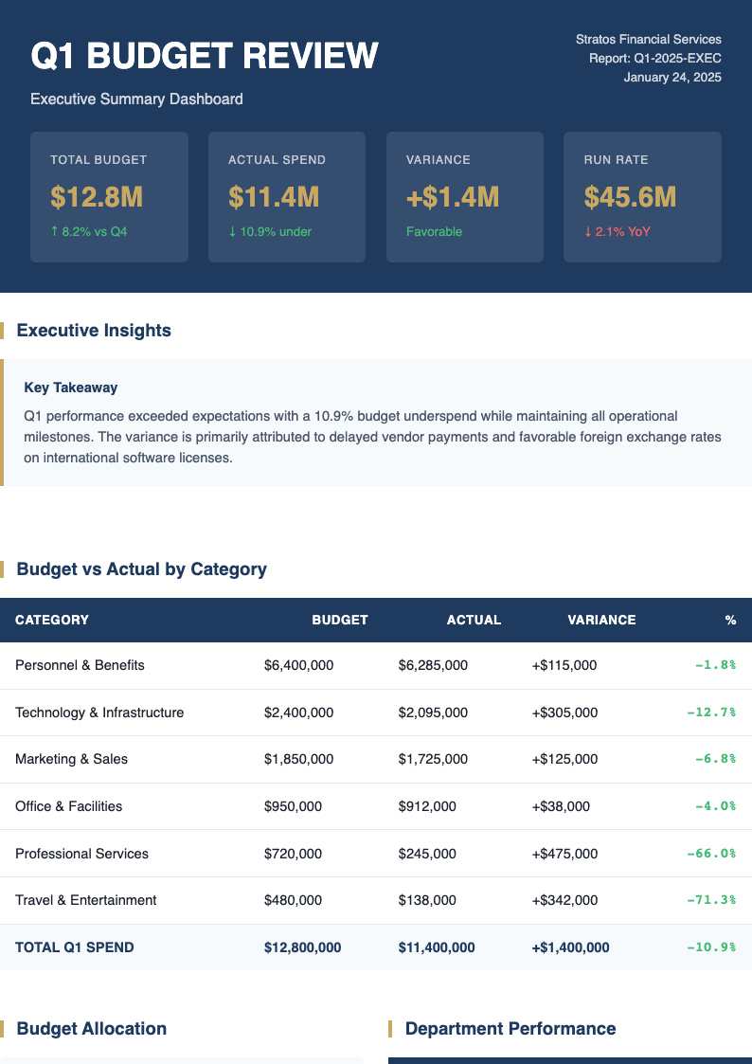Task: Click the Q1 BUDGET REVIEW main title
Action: click(x=205, y=57)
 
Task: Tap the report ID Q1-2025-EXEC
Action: click(x=654, y=58)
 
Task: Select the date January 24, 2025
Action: click(x=672, y=77)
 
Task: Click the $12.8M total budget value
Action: click(x=97, y=197)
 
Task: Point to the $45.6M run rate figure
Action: click(x=630, y=197)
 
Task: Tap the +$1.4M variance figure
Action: click(x=452, y=197)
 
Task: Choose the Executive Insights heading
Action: click(x=94, y=331)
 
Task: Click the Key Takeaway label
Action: click(x=71, y=388)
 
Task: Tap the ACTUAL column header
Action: click(x=474, y=620)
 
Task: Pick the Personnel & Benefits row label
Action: click(x=80, y=665)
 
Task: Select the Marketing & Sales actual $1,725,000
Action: click(x=433, y=759)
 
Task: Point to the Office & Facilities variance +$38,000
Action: click(x=561, y=806)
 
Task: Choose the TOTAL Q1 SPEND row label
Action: click(x=74, y=947)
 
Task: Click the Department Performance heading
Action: click(x=510, y=1029)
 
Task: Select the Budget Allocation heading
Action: click(x=91, y=1029)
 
